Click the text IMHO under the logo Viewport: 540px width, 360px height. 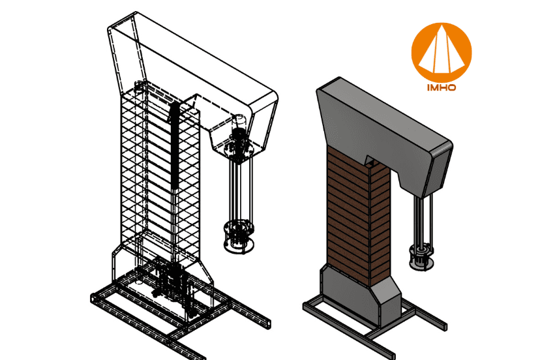tap(442, 86)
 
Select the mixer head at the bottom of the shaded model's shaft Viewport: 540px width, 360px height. tap(420, 256)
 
